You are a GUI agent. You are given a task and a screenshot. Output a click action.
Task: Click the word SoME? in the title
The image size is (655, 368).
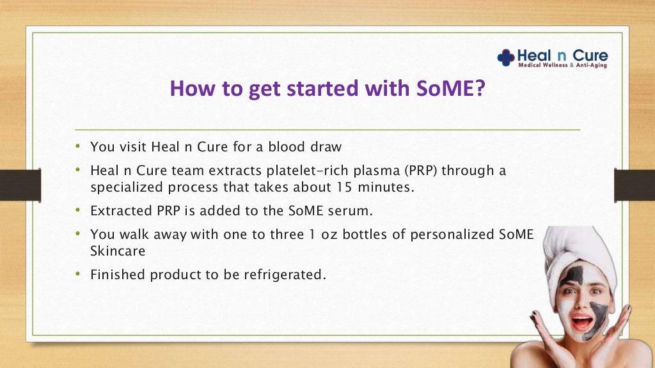451,88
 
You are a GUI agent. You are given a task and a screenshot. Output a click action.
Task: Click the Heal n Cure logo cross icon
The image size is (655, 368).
505,57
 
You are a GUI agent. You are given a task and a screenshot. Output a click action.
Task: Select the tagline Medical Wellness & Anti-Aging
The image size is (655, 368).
562,65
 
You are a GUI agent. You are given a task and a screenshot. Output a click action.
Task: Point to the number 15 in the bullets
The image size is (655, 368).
345,187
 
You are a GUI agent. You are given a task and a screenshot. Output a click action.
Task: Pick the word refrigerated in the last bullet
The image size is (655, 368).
285,275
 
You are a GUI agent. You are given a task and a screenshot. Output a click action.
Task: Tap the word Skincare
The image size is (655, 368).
118,250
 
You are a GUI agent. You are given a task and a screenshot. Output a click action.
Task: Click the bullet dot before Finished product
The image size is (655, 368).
77,273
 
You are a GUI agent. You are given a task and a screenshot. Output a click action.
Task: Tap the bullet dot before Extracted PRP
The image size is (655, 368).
77,210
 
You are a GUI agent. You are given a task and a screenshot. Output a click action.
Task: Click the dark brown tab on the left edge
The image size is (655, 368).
20,185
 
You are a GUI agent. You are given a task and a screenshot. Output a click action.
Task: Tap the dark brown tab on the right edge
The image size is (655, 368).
635,185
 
